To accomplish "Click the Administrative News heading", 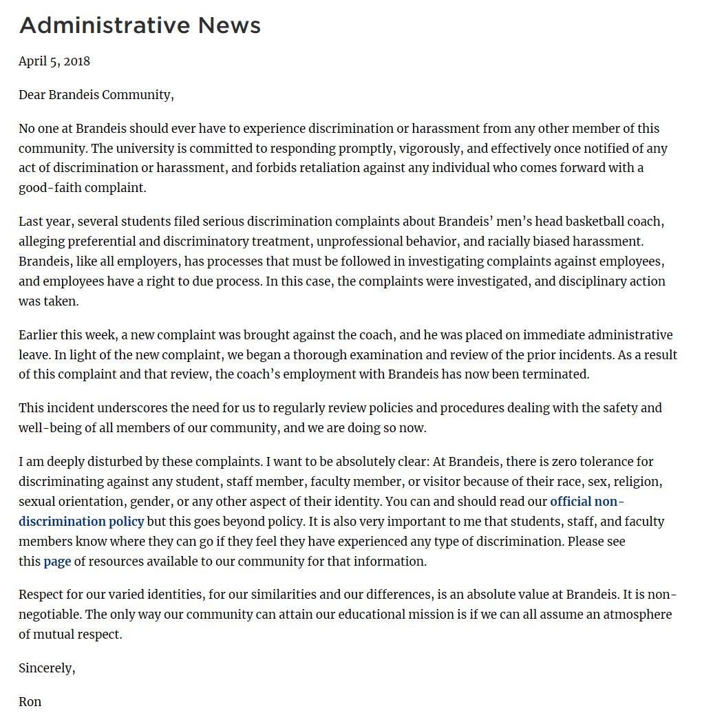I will click(x=140, y=25).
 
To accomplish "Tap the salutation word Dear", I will click(x=32, y=95).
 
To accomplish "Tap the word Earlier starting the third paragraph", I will click(x=39, y=335).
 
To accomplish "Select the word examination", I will click(x=414, y=355).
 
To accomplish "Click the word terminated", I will click(x=555, y=375).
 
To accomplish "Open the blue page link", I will click(x=57, y=562).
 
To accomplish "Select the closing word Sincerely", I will click(x=46, y=668).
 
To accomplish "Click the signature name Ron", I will click(x=30, y=702).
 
